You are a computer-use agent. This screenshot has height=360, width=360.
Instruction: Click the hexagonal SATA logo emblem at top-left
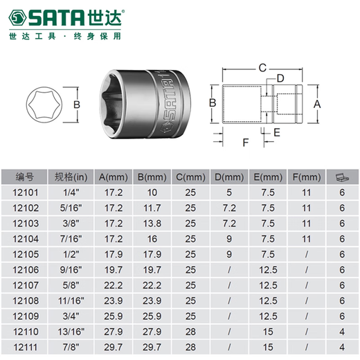click(17, 17)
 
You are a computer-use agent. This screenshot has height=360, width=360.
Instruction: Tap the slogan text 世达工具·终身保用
click(65, 36)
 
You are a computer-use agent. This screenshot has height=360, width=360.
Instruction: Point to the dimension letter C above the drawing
click(262, 68)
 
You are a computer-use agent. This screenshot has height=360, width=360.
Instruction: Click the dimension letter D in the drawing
click(280, 78)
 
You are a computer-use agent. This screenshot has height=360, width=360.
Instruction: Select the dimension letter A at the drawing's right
click(317, 104)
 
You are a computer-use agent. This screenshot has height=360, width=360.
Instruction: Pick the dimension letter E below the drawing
click(277, 132)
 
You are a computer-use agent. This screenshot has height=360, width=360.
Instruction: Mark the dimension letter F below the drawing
click(246, 143)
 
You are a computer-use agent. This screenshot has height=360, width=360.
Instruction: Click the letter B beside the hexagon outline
click(77, 105)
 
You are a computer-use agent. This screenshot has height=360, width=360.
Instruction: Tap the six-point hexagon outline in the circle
click(44, 105)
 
